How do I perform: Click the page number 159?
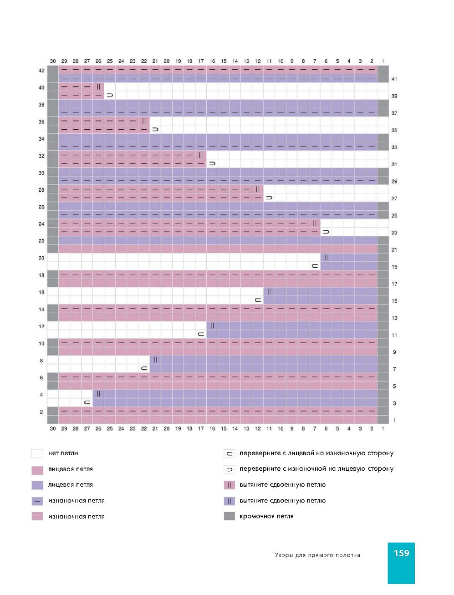click(401, 553)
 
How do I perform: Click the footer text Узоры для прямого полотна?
click(317, 555)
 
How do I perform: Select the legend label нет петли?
click(63, 453)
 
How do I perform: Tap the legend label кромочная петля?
click(266, 516)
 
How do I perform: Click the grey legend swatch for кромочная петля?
click(230, 516)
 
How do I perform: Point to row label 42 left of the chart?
click(41, 71)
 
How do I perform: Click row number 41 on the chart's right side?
click(394, 79)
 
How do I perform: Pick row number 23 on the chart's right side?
click(394, 233)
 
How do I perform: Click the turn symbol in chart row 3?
click(87, 403)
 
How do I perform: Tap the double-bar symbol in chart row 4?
click(98, 394)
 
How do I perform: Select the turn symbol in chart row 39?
click(110, 96)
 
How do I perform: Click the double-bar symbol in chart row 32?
click(201, 155)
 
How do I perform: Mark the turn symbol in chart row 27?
click(269, 198)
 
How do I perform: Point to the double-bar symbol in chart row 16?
click(269, 292)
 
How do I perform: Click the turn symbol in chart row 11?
click(201, 335)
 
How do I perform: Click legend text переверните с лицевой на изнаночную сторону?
click(316, 453)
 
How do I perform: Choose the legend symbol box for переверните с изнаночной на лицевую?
click(230, 469)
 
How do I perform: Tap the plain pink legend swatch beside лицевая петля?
click(37, 469)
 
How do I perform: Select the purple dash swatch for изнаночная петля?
click(37, 501)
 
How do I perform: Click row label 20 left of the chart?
click(41, 258)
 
